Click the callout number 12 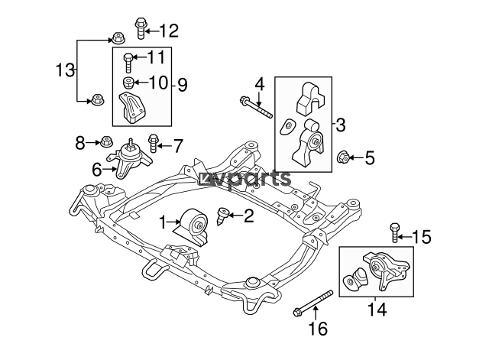(x=169, y=31)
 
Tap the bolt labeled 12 (x=141, y=28)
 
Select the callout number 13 (x=65, y=70)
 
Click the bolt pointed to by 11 (x=128, y=63)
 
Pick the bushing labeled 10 (x=128, y=83)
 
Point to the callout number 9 (x=183, y=84)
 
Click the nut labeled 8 (x=105, y=142)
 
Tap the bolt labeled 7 (x=153, y=143)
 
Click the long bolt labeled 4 (x=256, y=107)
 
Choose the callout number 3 (x=341, y=125)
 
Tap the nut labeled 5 (x=343, y=157)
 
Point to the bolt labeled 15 (x=394, y=232)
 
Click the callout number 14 (x=377, y=310)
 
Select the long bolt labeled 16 (x=313, y=303)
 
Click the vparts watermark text (x=245, y=179)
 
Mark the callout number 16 (x=318, y=328)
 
